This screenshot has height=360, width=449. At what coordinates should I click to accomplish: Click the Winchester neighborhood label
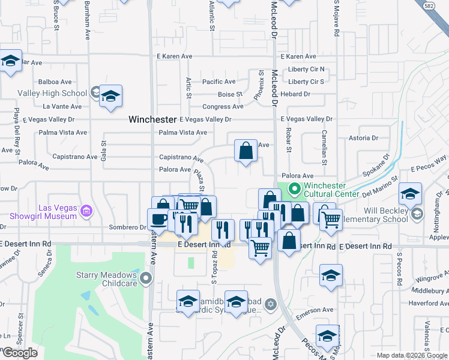click(x=152, y=119)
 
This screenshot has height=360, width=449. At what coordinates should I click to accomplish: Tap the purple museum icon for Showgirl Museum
click(x=87, y=211)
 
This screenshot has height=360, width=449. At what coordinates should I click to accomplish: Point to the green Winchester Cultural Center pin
click(x=294, y=190)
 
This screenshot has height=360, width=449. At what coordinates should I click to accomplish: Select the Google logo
click(x=19, y=352)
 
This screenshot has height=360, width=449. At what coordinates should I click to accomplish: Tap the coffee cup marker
click(x=159, y=219)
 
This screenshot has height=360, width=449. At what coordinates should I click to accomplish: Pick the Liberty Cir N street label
click(x=306, y=69)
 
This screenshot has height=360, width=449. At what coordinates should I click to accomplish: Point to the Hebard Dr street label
click(x=295, y=94)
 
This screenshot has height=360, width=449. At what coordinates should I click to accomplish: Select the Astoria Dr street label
click(x=364, y=138)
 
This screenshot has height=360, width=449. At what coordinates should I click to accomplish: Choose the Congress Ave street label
click(x=223, y=107)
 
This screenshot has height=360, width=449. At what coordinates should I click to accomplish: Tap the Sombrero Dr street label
click(x=127, y=227)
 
